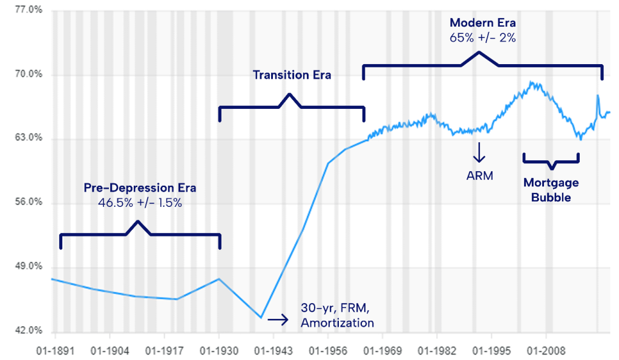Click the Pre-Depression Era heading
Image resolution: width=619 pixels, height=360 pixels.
point(140,188)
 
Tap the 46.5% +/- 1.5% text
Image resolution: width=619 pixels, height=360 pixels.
point(140,203)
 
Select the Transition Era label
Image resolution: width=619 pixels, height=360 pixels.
point(292,76)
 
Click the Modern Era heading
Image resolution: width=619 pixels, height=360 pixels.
point(482,23)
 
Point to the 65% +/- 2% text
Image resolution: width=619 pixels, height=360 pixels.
point(482,38)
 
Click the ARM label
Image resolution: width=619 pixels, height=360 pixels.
point(480,176)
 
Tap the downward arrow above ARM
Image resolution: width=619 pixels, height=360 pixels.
point(479,152)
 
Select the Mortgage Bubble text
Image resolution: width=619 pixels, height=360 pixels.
point(551,189)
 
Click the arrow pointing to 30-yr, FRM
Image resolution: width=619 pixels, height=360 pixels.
point(278,317)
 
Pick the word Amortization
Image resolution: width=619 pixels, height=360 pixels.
point(337,322)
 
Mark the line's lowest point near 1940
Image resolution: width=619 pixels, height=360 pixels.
point(261,317)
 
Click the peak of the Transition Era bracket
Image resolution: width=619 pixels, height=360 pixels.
point(290,94)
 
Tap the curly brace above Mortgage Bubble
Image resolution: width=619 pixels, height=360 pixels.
point(551,162)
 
